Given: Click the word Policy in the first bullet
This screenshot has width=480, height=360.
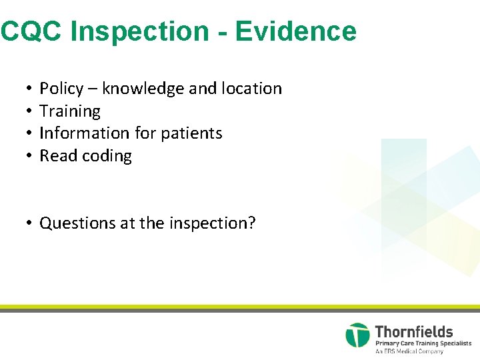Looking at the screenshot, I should pyautogui.click(x=61, y=89).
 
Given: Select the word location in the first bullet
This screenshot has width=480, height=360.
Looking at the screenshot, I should pyautogui.click(x=251, y=89).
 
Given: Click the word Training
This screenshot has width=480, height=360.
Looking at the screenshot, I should pyautogui.click(x=70, y=111).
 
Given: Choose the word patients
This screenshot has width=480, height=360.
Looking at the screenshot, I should pyautogui.click(x=191, y=133).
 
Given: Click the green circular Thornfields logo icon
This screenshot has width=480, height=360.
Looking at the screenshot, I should pyautogui.click(x=357, y=335).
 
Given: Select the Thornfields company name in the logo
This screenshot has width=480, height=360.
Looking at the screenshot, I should pyautogui.click(x=414, y=331).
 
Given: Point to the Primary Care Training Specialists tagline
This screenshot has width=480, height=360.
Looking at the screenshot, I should pyautogui.click(x=423, y=343).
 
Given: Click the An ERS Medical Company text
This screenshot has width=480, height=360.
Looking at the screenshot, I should pyautogui.click(x=409, y=351).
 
